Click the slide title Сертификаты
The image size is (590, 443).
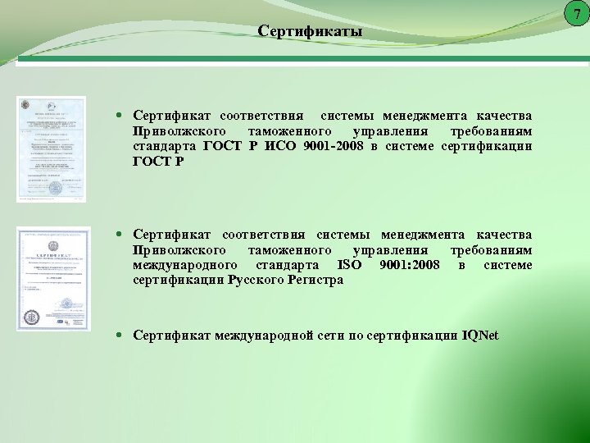[x=309, y=31]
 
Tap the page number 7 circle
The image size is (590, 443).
[x=577, y=14]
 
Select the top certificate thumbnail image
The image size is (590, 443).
[x=51, y=148]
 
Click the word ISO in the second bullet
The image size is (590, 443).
[x=349, y=265]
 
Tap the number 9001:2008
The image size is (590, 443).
[x=410, y=265]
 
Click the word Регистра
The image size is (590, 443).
[x=315, y=280]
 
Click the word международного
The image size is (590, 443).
[x=185, y=265]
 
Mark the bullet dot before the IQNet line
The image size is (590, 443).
[x=120, y=336]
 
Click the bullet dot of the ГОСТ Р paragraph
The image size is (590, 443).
[x=120, y=116]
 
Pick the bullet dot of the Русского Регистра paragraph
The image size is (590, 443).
[x=120, y=235]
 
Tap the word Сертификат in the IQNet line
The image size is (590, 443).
[x=172, y=336]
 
